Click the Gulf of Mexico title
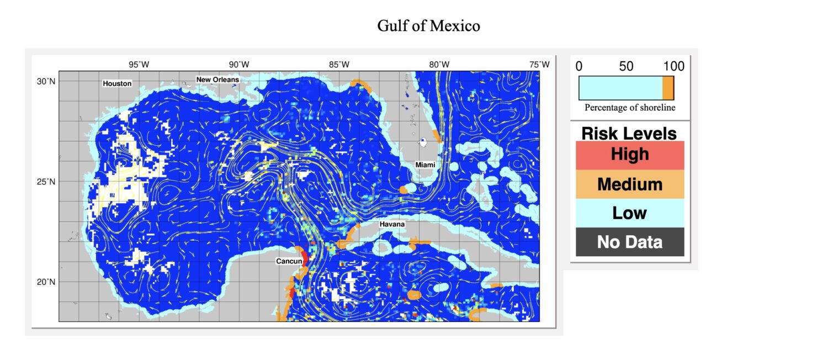click(428, 25)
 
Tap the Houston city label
click(117, 83)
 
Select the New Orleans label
click(218, 80)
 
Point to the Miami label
click(425, 165)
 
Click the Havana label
click(392, 225)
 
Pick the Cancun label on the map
click(289, 261)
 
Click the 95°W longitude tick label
click(139, 65)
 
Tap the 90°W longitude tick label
click(239, 65)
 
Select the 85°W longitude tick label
click(339, 65)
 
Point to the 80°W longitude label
click(439, 65)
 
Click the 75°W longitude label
click(539, 65)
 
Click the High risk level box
click(630, 155)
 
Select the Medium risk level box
click(630, 184)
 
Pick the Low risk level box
click(630, 213)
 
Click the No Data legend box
click(630, 242)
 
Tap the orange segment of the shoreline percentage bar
click(668, 88)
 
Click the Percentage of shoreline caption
click(630, 108)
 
